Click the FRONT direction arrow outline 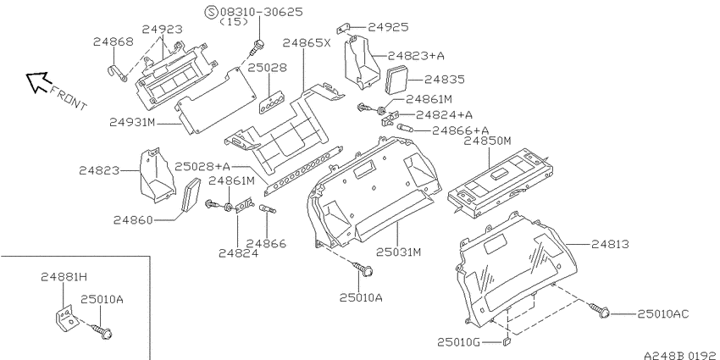click(x=37, y=81)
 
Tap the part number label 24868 click(x=114, y=42)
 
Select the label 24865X click(x=307, y=43)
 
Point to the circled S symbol click(x=212, y=12)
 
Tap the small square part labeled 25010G click(x=506, y=341)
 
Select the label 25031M click(x=399, y=252)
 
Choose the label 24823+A click(x=417, y=56)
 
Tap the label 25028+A click(x=202, y=166)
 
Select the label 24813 click(x=610, y=244)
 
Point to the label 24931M click(x=133, y=123)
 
